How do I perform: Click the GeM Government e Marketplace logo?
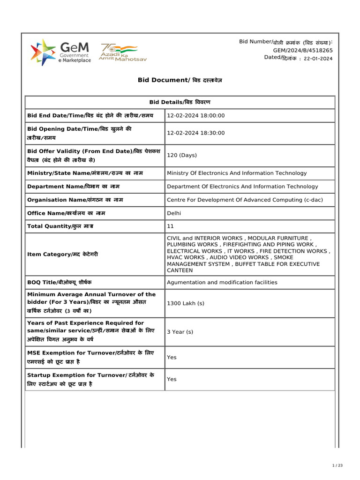[x=60, y=52]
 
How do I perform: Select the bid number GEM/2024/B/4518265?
[x=303, y=50]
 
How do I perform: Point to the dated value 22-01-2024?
[x=318, y=59]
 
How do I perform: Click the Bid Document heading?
[x=180, y=80]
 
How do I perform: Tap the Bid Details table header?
[x=180, y=102]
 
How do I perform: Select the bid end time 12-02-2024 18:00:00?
[x=196, y=116]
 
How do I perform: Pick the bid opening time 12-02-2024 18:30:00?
[x=196, y=133]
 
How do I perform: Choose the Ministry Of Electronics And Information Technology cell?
[x=237, y=173]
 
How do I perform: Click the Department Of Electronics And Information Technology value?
[x=242, y=187]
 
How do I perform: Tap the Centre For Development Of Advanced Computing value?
[x=245, y=200]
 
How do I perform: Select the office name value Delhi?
[x=174, y=213]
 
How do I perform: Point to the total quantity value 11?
[x=170, y=226]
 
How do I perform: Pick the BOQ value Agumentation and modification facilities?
[x=222, y=282]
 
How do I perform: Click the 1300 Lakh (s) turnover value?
[x=186, y=303]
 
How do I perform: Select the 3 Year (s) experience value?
[x=180, y=332]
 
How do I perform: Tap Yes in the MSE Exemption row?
[x=172, y=357]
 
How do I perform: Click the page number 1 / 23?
[x=337, y=465]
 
